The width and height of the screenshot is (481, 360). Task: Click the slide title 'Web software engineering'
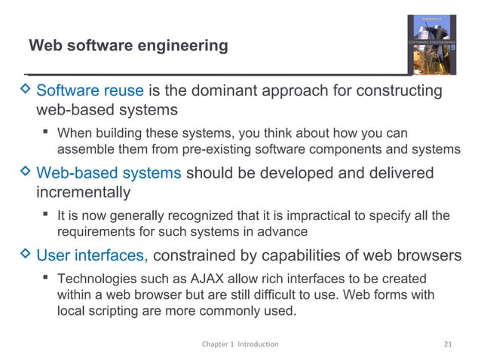coord(127,47)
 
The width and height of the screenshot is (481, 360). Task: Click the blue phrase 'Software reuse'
coord(90,92)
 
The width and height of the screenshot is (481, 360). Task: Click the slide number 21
coord(449,344)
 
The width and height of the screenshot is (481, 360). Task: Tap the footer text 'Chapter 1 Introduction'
coord(240,344)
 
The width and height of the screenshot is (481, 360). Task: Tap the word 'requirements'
coord(95,231)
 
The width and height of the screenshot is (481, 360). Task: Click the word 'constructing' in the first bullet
coord(400,92)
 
